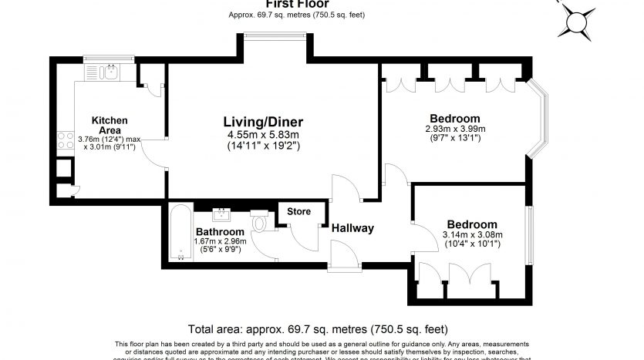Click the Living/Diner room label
(x=263, y=122)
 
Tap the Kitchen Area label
(x=110, y=125)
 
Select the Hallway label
(x=352, y=228)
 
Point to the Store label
(x=298, y=211)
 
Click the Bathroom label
(x=220, y=231)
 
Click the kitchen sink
(x=110, y=73)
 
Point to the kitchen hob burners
(x=65, y=140)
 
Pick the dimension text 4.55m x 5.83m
(x=263, y=135)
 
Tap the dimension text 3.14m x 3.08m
(x=472, y=235)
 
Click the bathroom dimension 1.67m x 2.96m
(x=221, y=241)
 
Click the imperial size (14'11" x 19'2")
(x=263, y=146)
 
